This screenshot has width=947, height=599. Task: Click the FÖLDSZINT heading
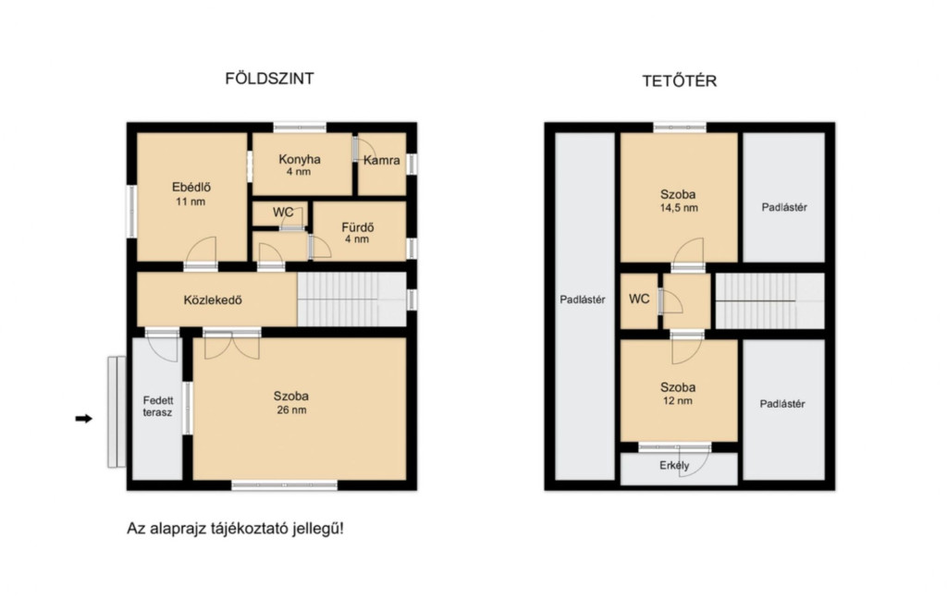coord(269,79)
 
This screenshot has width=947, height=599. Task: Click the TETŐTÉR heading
coord(680,80)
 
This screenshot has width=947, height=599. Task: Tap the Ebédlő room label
coord(191,187)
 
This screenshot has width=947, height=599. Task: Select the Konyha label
coord(300,159)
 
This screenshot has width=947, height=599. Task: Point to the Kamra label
coord(382,160)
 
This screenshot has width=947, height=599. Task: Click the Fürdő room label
coord(358,227)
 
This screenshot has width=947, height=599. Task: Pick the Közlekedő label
coord(213,299)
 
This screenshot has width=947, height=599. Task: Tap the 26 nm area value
coord(291,410)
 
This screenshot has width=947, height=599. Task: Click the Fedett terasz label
coord(158,407)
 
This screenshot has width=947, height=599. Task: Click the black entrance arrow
coord(84,419)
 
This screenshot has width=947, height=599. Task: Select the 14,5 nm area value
coord(679,208)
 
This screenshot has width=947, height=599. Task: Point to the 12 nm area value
coord(678,401)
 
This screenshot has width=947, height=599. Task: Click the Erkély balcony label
coord(674,466)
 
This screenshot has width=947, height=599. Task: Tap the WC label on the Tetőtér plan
coord(639,299)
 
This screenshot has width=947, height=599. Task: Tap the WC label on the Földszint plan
coord(283,212)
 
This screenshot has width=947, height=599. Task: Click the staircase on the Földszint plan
coord(352,299)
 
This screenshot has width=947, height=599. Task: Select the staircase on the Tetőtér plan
coord(770,300)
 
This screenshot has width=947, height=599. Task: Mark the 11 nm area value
coord(191,202)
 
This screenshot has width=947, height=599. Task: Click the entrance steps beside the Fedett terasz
coord(117,412)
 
